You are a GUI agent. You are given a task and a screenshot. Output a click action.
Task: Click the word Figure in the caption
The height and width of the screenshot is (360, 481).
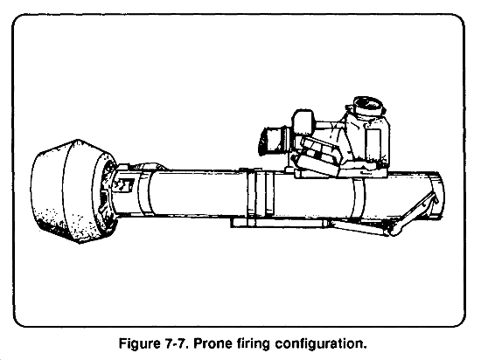(x=137, y=343)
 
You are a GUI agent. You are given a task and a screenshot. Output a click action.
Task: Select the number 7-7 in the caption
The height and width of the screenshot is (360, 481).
(x=174, y=343)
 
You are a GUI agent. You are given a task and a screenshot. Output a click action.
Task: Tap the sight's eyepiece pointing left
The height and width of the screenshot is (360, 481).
(x=274, y=140)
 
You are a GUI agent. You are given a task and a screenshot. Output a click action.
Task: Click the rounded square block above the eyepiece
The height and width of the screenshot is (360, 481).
(x=303, y=121)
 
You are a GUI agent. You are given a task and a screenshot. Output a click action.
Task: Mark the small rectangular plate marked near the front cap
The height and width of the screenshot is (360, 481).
(x=124, y=184)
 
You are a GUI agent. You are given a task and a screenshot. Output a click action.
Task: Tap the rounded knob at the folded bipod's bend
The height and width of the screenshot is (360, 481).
(x=394, y=230)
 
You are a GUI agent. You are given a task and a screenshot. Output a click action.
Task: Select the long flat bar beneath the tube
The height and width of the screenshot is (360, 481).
(x=279, y=223)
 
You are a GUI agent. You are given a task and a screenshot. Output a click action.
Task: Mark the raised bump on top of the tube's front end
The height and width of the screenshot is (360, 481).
(x=147, y=166)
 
